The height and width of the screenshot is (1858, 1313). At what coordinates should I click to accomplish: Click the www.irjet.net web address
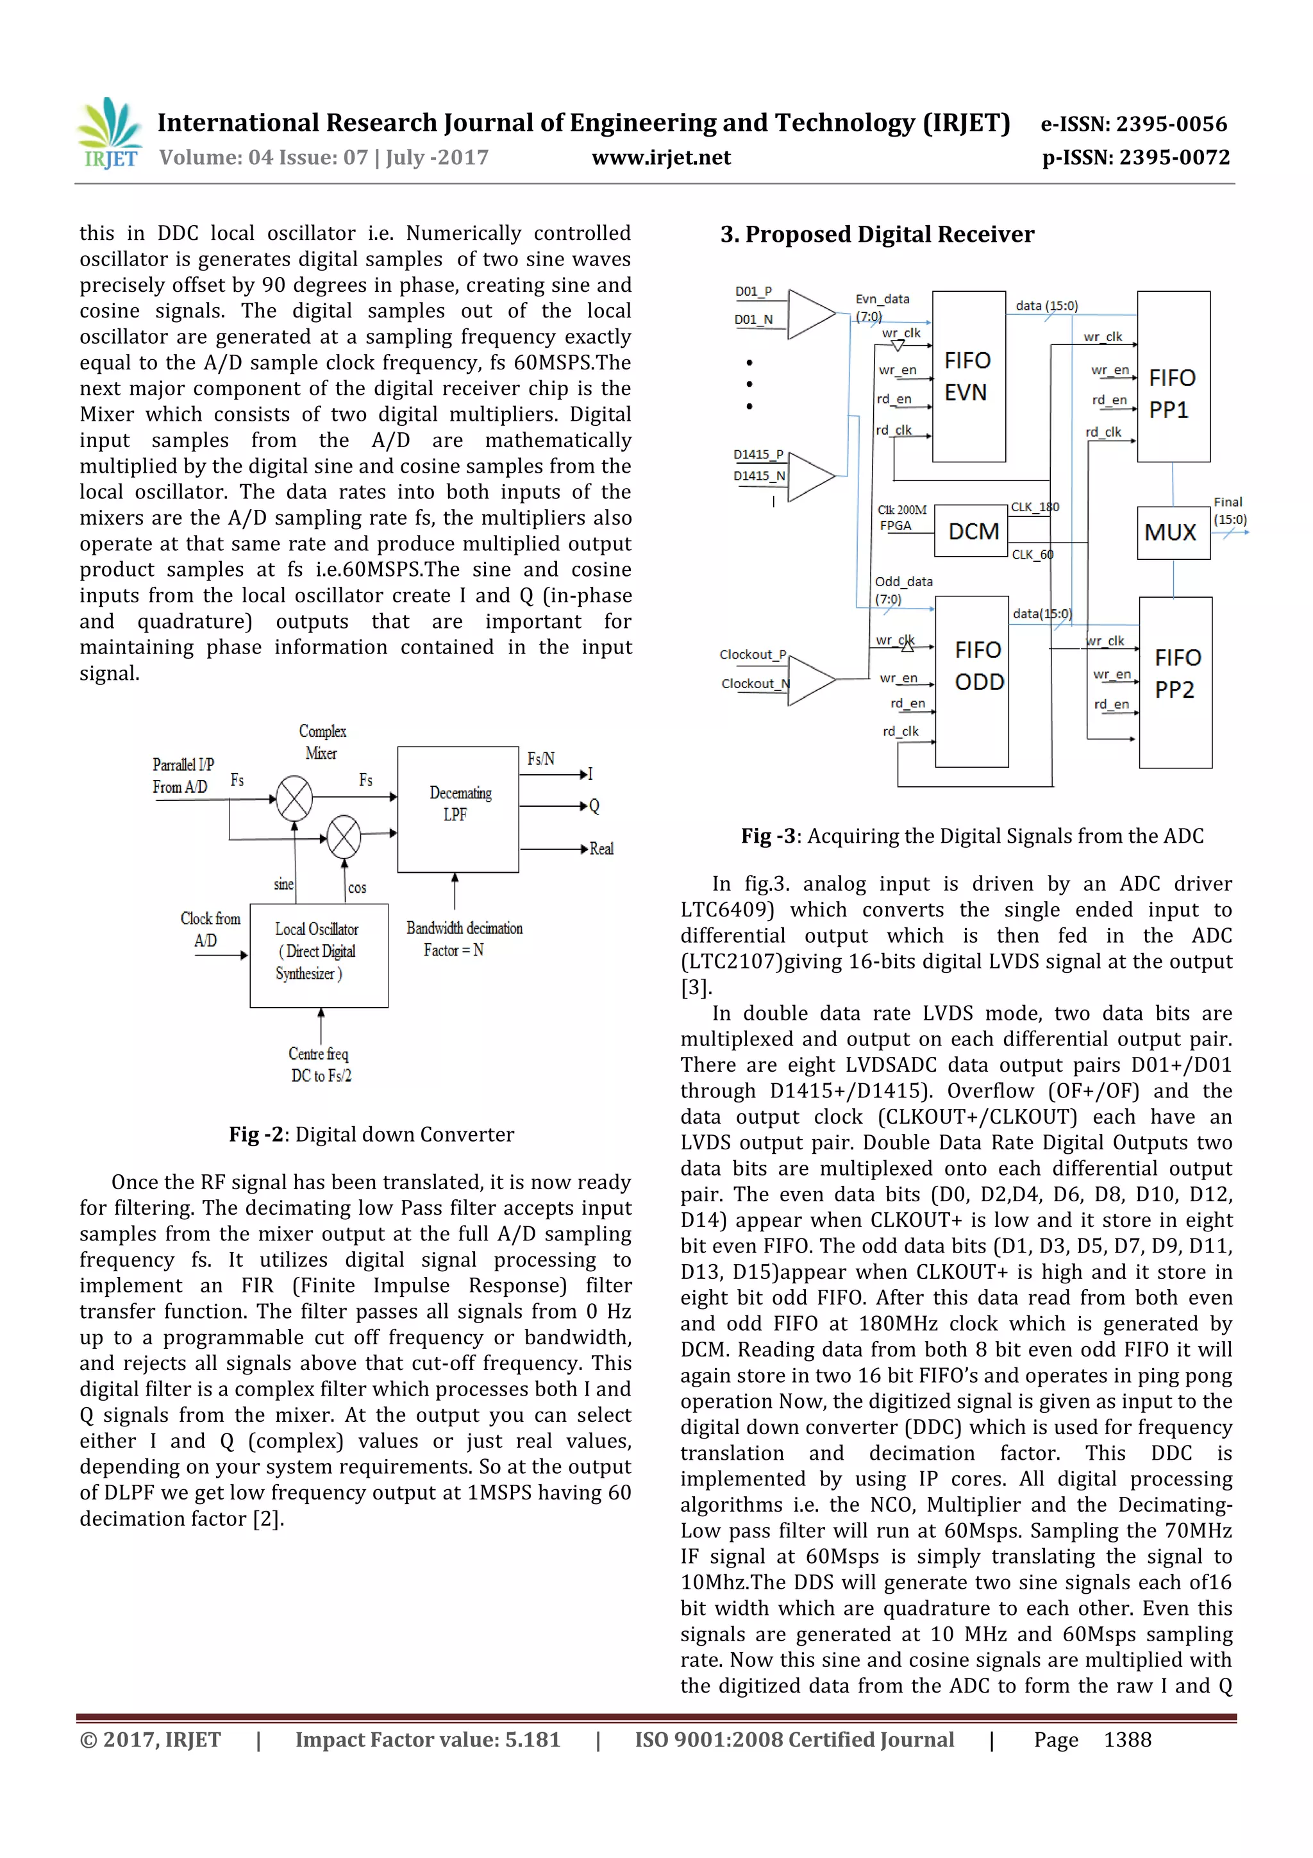[661, 158]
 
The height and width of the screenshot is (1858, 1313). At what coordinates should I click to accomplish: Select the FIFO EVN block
[968, 376]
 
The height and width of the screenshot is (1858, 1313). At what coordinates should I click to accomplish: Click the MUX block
[1172, 532]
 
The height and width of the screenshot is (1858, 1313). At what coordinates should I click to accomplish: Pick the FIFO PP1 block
[1173, 377]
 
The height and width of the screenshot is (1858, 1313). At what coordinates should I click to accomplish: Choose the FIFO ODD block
[971, 681]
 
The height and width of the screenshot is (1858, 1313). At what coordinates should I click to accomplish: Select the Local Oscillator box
[319, 955]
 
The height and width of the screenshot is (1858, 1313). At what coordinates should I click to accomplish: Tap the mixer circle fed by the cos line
[344, 837]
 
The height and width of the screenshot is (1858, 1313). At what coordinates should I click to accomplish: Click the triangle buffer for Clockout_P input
[810, 680]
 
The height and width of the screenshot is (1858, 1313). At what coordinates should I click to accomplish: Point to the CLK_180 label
[1035, 507]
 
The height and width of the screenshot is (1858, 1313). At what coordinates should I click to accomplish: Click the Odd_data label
[903, 581]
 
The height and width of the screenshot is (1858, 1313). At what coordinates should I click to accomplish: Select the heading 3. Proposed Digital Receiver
[877, 235]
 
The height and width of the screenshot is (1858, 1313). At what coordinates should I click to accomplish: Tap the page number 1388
[1127, 1739]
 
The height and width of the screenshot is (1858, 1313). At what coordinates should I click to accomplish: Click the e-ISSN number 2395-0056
[1171, 124]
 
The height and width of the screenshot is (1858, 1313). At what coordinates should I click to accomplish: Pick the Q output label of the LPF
[594, 806]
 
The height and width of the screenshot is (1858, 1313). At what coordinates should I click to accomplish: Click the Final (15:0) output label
[1229, 511]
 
